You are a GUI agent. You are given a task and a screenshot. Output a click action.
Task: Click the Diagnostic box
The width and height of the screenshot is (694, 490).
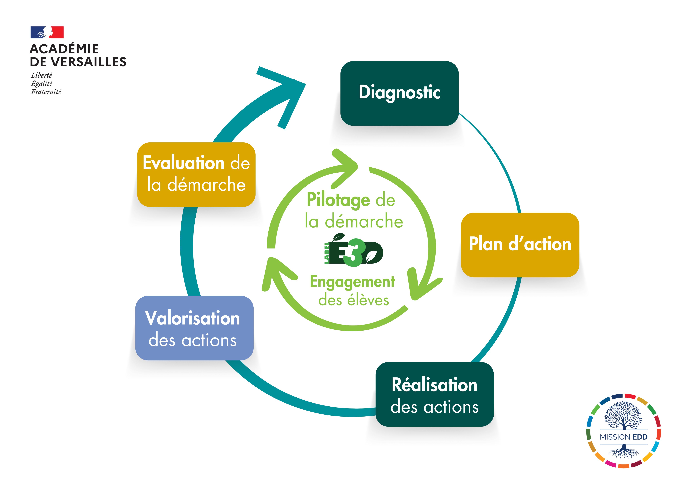coord(399,93)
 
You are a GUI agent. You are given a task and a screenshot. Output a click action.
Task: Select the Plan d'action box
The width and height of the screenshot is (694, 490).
coord(520,245)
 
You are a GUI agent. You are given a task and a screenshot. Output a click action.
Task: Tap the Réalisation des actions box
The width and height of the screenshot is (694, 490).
coord(434,394)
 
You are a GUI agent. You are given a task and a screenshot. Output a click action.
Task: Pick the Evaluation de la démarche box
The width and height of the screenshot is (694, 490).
coord(196,175)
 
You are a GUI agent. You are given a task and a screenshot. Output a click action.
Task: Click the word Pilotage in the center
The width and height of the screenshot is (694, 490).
coord(338,200)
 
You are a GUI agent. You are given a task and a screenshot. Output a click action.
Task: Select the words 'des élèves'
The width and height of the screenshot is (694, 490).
coord(354,300)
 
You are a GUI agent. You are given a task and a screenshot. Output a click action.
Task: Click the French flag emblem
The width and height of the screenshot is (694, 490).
coord(47,32)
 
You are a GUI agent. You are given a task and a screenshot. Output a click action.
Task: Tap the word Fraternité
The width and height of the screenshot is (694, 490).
coord(46,92)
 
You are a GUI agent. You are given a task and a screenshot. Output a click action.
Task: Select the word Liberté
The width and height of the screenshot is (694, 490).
coord(41,75)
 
